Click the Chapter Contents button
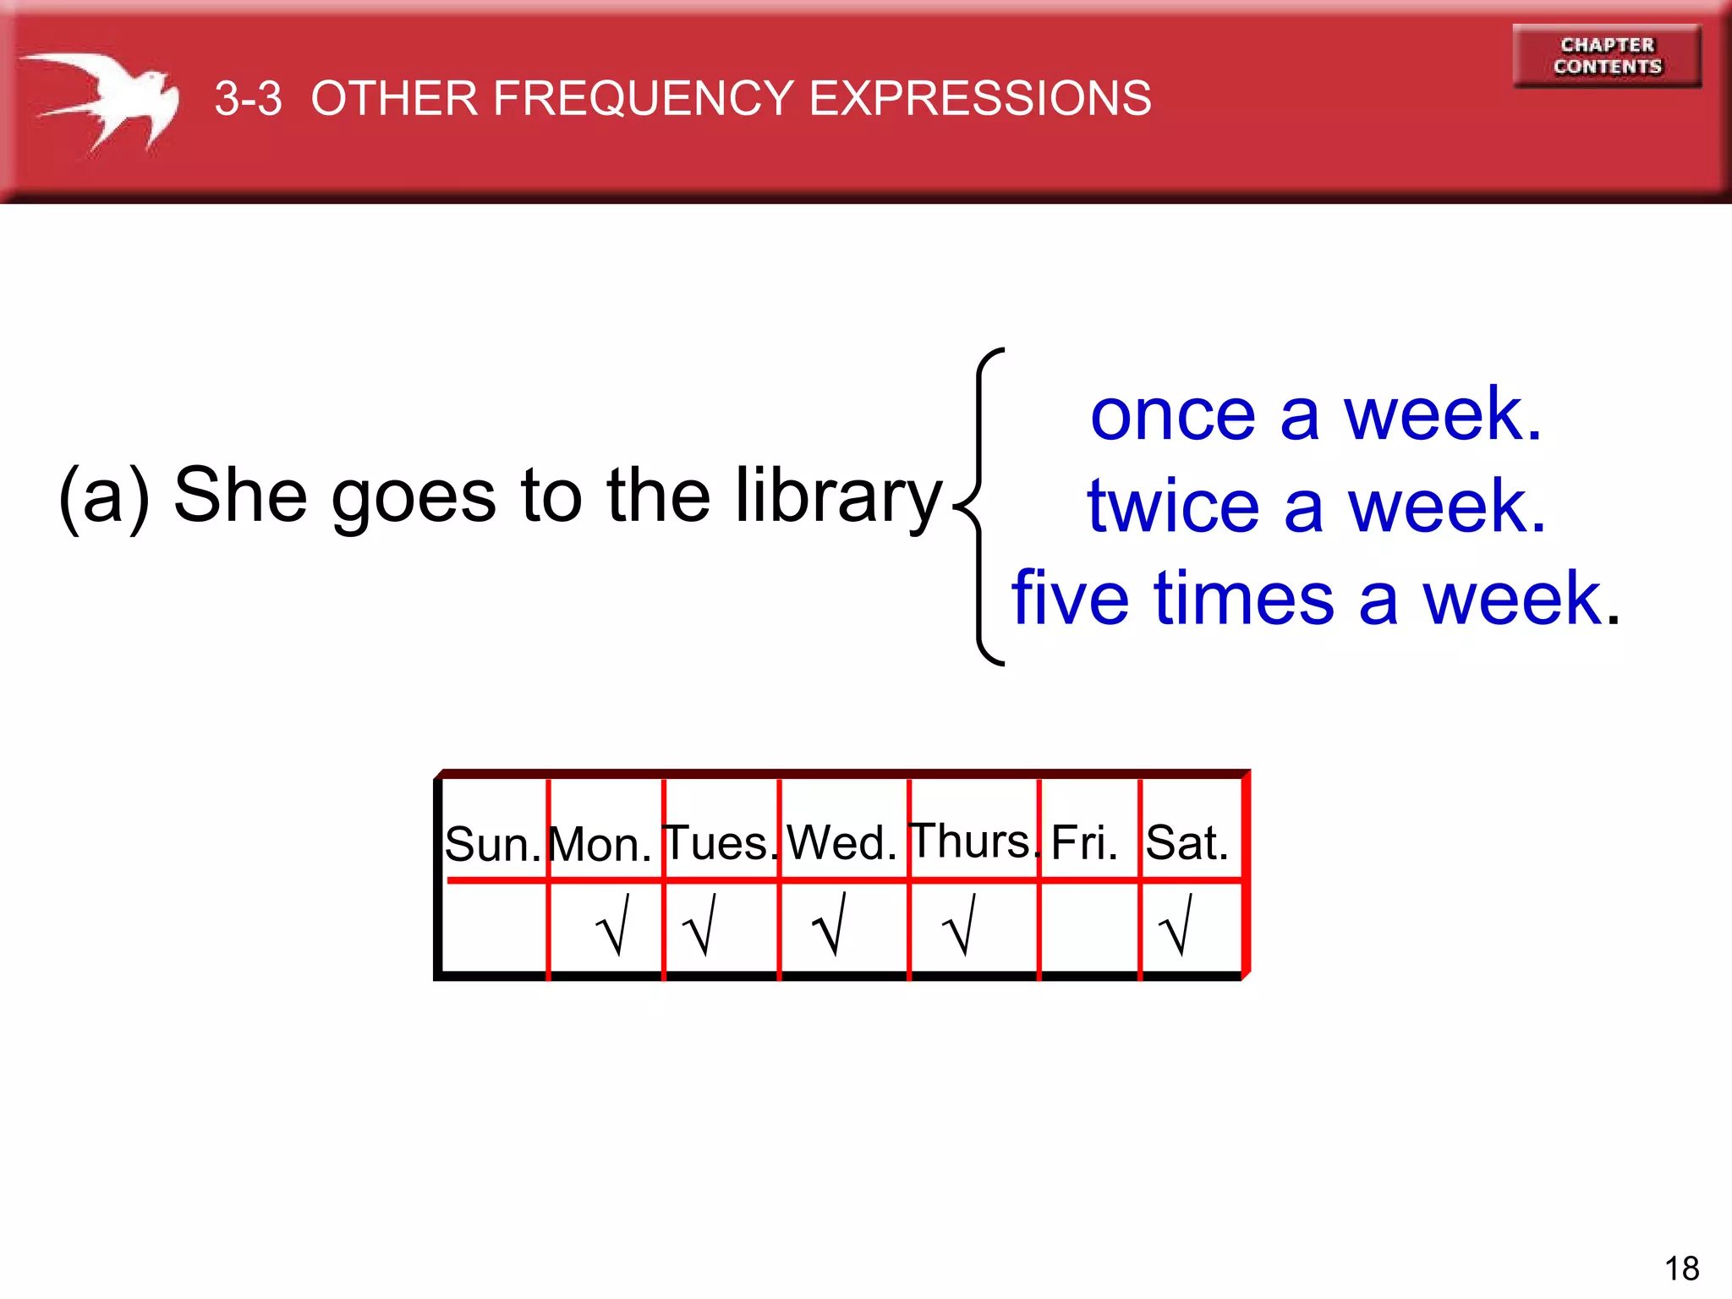point(1607,56)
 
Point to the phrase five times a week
point(1316,599)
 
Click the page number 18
point(1681,1269)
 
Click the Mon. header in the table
point(600,843)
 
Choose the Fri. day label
point(1085,842)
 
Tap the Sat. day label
point(1187,842)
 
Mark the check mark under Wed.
point(830,926)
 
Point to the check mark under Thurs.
point(960,926)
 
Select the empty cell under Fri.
point(1089,928)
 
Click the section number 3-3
point(248,98)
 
